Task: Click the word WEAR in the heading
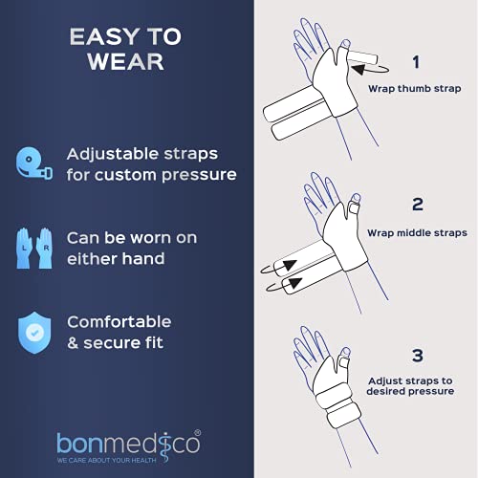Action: click(x=126, y=61)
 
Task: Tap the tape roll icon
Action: click(x=34, y=163)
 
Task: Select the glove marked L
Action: click(x=24, y=248)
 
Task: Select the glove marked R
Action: click(x=44, y=248)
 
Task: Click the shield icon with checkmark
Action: click(x=34, y=333)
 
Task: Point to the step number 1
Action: click(x=416, y=62)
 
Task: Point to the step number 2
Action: click(x=418, y=205)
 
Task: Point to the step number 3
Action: click(x=418, y=356)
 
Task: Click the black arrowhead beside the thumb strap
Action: click(x=358, y=69)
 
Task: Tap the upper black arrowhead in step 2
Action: click(x=290, y=266)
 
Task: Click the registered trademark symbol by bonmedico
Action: click(x=198, y=433)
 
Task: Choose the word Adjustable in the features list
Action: click(x=113, y=155)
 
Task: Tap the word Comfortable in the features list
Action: click(x=119, y=322)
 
